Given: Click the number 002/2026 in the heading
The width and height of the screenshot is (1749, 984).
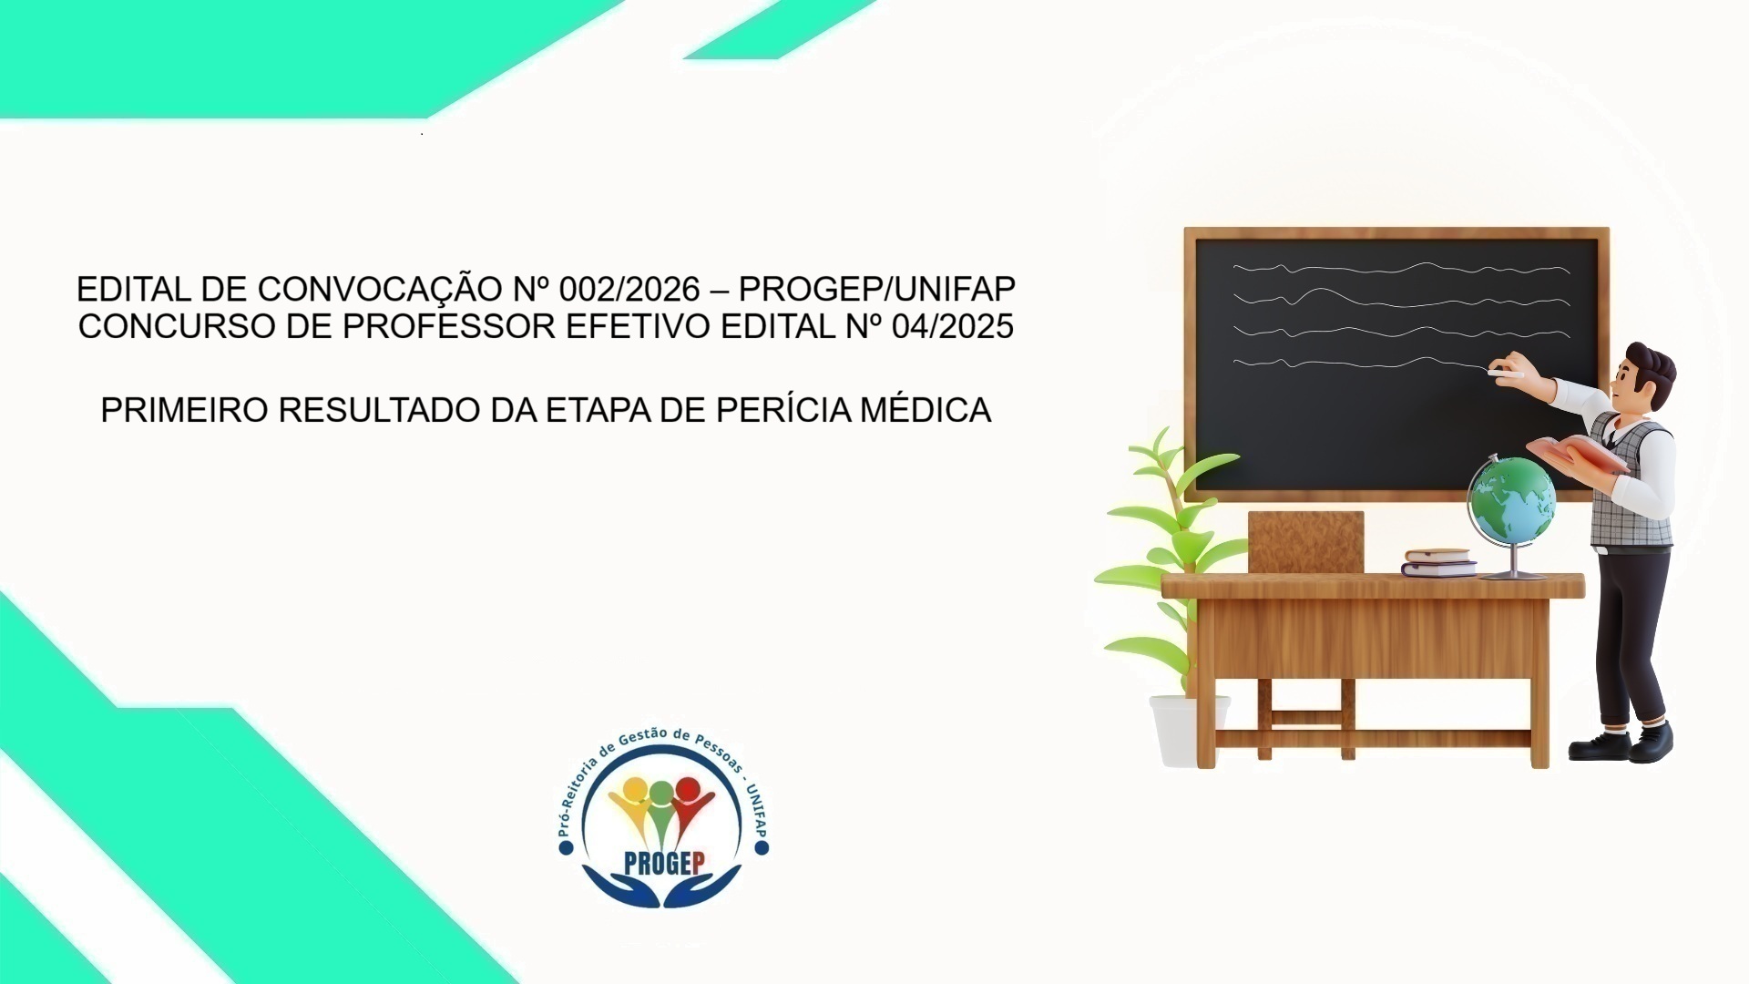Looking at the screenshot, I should click(629, 290).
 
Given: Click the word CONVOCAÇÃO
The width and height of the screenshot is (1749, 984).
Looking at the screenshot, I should click(379, 290).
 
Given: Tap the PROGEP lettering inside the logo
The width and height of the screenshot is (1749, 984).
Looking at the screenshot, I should click(664, 863).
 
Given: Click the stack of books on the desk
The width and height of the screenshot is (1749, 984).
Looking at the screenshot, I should click(1438, 563).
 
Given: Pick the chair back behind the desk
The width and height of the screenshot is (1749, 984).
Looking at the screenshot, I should click(1305, 541).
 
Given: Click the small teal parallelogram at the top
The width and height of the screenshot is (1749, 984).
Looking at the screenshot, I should click(779, 32).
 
